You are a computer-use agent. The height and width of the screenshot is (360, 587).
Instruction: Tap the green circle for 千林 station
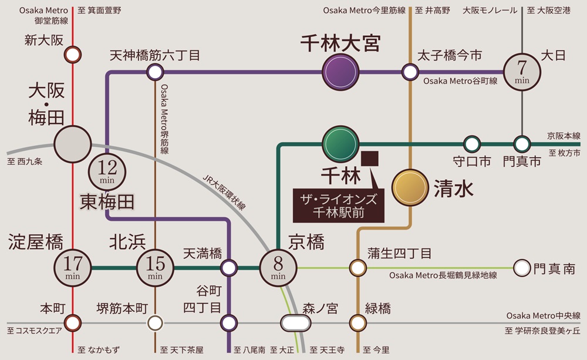[340, 143]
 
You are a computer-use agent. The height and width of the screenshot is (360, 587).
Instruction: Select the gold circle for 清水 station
[410, 188]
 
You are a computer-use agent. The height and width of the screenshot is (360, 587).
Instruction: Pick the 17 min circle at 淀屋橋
[72, 268]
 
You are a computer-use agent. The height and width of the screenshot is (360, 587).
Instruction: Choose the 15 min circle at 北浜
[155, 268]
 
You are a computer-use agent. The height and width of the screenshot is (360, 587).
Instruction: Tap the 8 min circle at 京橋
[278, 268]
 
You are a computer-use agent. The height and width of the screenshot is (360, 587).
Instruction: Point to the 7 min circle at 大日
[522, 72]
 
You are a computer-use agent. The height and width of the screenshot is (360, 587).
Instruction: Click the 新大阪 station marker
[72, 55]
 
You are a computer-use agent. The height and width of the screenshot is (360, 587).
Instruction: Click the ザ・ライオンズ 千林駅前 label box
[339, 205]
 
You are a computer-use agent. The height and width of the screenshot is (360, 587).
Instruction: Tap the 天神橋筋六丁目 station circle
[155, 72]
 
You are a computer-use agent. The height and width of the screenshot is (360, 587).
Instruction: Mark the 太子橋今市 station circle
[409, 72]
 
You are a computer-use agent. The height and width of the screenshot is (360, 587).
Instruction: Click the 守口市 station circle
[471, 143]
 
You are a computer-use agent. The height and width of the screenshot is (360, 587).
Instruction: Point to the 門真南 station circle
[521, 268]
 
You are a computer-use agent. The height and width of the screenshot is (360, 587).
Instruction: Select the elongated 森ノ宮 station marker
[295, 323]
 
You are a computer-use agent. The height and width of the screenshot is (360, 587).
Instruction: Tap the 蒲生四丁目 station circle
[357, 268]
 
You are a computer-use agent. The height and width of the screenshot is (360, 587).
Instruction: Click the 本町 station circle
[72, 323]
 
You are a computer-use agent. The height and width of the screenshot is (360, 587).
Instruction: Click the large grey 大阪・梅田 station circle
[72, 143]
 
